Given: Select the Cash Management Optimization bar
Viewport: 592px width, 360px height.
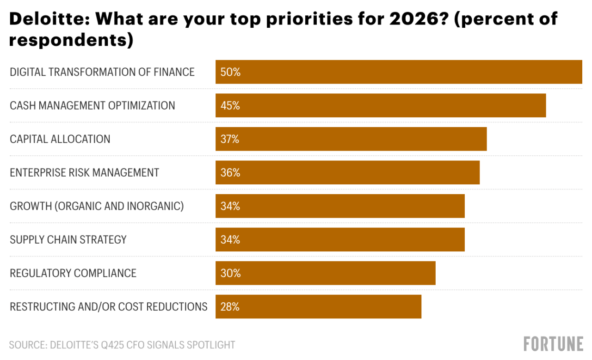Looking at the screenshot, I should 380,105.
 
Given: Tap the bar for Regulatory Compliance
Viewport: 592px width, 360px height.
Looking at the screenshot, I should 325,273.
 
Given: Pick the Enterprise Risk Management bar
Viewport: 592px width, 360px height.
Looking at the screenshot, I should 347,172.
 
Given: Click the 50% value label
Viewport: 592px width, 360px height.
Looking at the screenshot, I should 230,72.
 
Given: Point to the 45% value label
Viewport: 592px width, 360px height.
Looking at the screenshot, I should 230,105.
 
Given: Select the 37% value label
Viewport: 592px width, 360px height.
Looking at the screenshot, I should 230,139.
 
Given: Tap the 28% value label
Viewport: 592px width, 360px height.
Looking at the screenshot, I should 230,306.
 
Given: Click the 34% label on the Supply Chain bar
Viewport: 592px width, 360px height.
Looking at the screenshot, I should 230,239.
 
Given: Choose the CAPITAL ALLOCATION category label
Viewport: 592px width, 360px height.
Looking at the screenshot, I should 60,139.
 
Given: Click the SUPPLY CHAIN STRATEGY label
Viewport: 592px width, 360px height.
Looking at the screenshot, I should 68,239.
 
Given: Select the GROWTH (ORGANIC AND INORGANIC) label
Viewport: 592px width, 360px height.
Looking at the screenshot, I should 97,206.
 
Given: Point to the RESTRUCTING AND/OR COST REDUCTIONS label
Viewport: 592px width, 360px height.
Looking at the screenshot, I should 109,306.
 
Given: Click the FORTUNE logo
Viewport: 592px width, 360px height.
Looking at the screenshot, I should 553,344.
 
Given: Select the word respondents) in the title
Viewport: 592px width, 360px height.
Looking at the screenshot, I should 71,40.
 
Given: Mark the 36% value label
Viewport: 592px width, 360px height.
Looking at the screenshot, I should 230,172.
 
